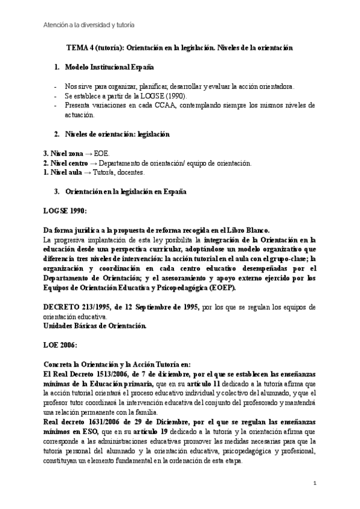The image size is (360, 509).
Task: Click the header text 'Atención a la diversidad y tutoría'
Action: pos(88,25)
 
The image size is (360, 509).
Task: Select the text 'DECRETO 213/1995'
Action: pos(79,307)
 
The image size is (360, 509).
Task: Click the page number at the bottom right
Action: pos(315,483)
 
